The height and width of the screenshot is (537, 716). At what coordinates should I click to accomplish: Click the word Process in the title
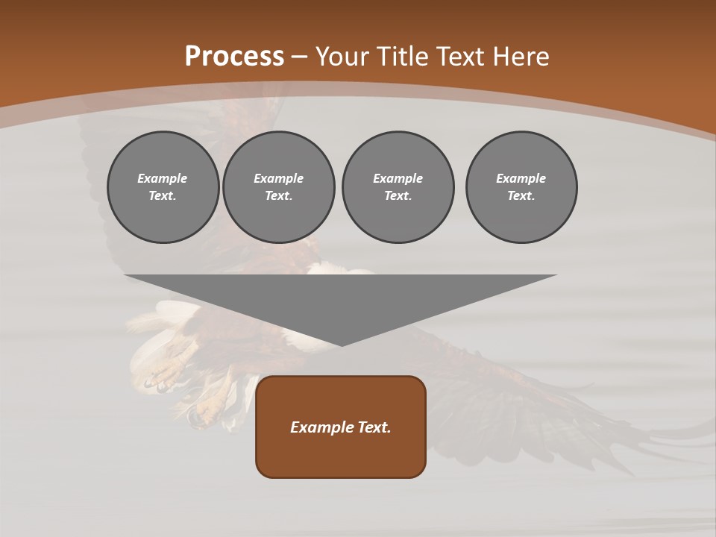pyautogui.click(x=234, y=57)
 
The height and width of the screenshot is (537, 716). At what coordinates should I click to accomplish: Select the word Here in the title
pyautogui.click(x=521, y=57)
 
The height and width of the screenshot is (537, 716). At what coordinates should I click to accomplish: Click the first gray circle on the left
pyautogui.click(x=163, y=186)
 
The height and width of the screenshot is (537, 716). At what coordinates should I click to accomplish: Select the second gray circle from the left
pyautogui.click(x=278, y=186)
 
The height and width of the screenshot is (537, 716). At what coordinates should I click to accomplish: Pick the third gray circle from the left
pyautogui.click(x=398, y=186)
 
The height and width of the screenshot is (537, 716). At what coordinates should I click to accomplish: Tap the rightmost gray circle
pyautogui.click(x=521, y=186)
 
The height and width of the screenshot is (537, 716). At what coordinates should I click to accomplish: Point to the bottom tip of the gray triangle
pyautogui.click(x=342, y=345)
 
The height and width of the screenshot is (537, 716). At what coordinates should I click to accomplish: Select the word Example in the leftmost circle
pyautogui.click(x=163, y=178)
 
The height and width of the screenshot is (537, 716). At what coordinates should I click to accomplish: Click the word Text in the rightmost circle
pyautogui.click(x=521, y=195)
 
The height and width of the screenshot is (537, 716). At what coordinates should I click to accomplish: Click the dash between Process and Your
pyautogui.click(x=299, y=57)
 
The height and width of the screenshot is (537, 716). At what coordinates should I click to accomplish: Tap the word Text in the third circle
pyautogui.click(x=398, y=195)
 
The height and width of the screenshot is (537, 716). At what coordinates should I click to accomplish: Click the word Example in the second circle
pyautogui.click(x=278, y=178)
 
